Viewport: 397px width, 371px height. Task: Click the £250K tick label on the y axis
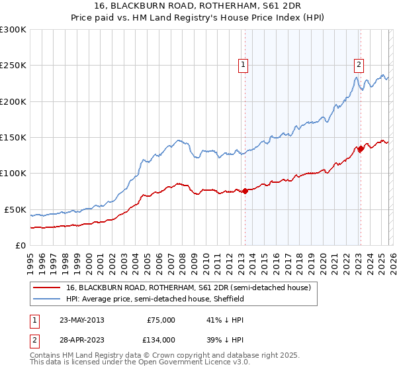point(13,66)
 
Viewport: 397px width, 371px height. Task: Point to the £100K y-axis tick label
point(13,174)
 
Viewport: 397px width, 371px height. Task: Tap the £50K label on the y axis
point(16,209)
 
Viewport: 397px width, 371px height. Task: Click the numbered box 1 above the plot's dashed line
point(243,65)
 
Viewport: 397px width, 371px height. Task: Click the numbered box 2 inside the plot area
point(359,65)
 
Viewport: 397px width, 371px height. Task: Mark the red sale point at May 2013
point(245,191)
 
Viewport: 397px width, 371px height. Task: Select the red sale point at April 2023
point(361,149)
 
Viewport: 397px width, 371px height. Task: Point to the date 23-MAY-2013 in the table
point(81,320)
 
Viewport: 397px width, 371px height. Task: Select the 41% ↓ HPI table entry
point(224,320)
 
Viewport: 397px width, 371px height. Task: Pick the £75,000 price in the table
point(160,320)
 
